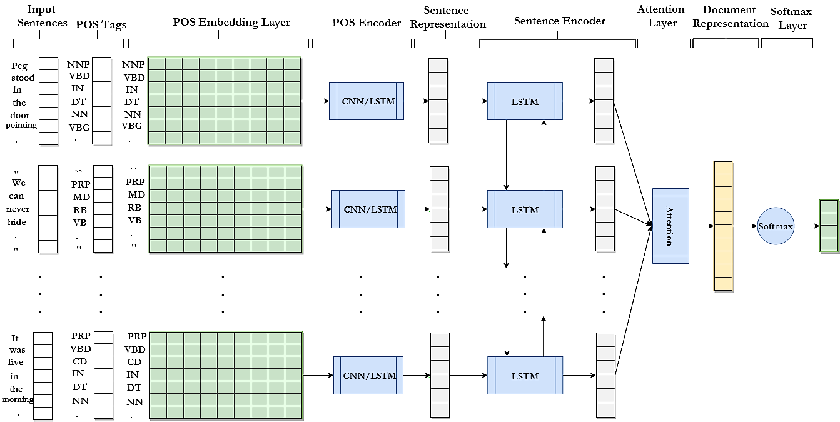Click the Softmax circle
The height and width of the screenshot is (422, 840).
coord(776,226)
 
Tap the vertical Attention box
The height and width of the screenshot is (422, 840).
coord(670,226)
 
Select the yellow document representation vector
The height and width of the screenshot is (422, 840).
coord(723,226)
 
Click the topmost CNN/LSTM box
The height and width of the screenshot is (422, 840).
coord(367,101)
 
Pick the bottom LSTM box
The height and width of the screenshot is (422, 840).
coord(525,375)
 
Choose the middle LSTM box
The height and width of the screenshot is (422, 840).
coord(525,209)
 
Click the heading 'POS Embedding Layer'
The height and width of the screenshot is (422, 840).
coord(231,23)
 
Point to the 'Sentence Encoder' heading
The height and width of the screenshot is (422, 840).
coord(560,21)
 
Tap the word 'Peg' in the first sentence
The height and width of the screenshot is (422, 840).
coord(19,66)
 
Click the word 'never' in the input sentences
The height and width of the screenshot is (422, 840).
coord(18,209)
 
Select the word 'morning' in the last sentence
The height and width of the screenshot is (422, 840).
coord(18,399)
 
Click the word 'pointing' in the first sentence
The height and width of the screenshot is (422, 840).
coord(21,125)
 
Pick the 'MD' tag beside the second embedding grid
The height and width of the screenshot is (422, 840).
coord(136,194)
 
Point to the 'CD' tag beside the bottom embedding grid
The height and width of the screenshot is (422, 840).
coord(134,362)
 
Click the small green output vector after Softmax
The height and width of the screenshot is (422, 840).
coord(829,226)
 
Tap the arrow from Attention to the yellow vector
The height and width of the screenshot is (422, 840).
coord(701,226)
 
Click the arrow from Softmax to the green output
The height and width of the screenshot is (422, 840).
coord(807,226)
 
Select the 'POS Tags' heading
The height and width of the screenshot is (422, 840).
coord(101,24)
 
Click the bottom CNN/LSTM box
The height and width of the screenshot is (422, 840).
coord(368,375)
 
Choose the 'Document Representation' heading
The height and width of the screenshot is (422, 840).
coord(730,16)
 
